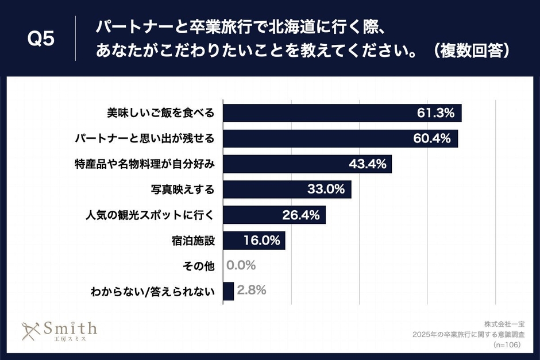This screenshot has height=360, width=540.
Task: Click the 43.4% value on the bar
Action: coord(367,164)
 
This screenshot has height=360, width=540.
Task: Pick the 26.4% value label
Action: coord(300,215)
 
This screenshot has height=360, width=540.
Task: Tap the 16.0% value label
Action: coord(260,241)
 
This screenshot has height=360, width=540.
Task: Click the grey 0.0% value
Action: coord(241,266)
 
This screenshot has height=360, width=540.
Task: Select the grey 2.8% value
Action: coord(252,291)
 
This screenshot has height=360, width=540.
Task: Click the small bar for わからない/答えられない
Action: coord(228,291)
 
